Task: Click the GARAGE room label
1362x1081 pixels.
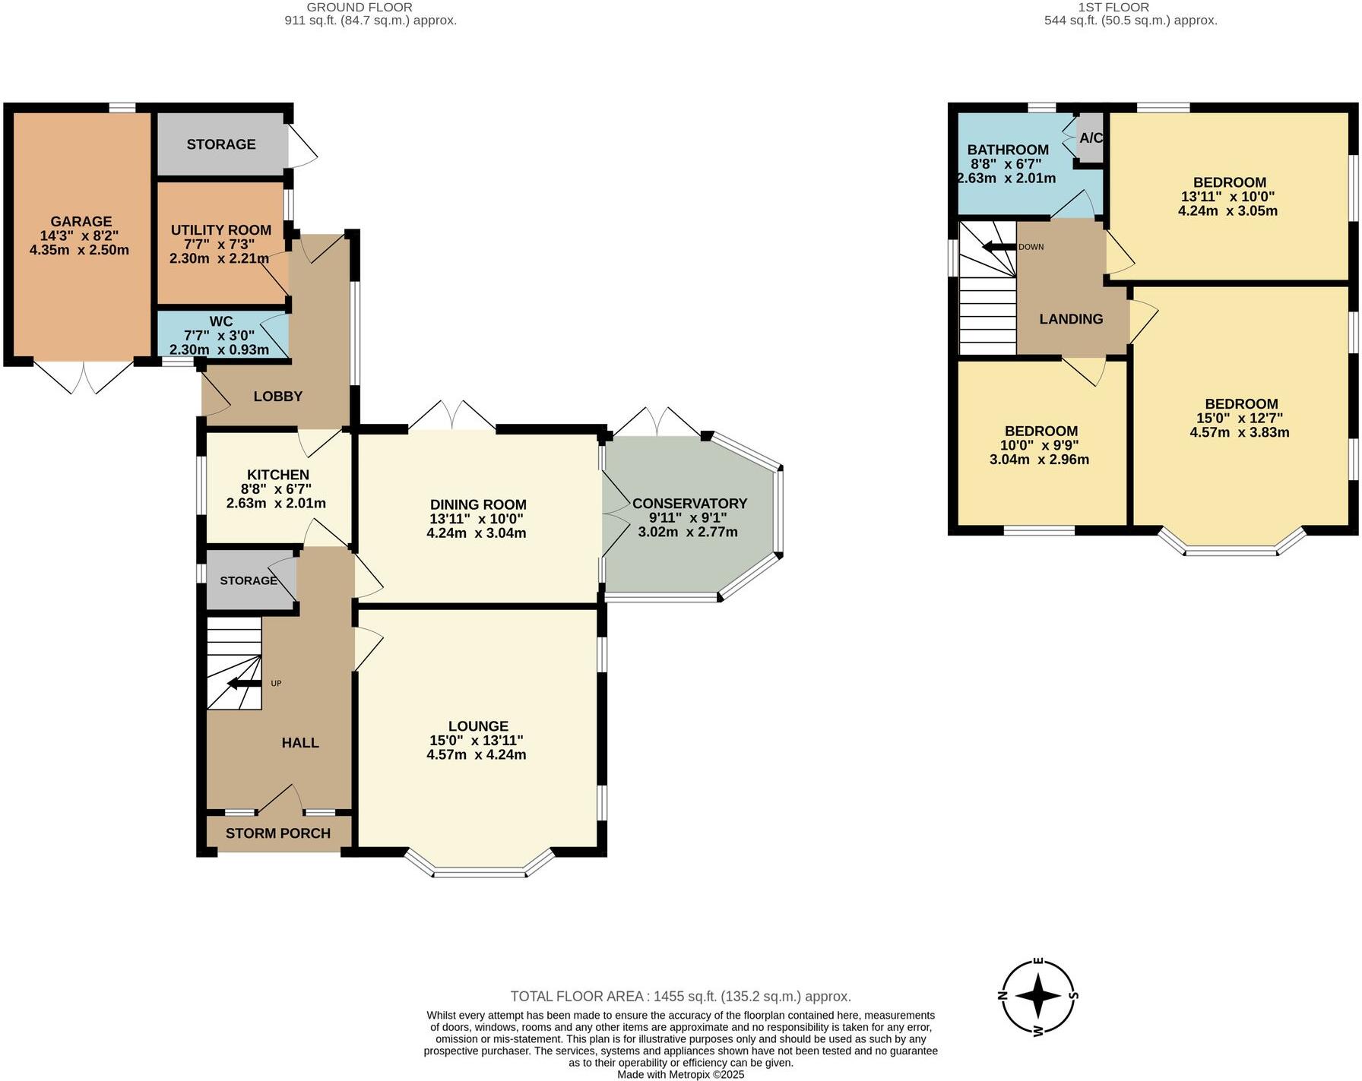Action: point(81,222)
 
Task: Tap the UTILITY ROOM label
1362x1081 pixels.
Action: point(220,230)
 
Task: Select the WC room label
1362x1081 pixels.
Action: point(220,322)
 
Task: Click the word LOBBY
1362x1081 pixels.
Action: point(277,397)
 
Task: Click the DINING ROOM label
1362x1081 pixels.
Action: point(477,504)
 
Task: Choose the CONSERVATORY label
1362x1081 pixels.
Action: point(689,504)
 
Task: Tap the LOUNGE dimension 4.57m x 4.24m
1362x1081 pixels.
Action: point(477,754)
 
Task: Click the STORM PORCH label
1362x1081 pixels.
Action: point(277,833)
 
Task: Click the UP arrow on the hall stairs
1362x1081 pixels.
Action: point(244,684)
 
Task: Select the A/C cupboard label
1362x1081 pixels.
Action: point(1091,138)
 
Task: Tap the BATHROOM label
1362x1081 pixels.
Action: point(1007,150)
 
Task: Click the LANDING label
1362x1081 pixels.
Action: point(1071,319)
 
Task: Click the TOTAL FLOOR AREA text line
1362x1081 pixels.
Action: point(680,996)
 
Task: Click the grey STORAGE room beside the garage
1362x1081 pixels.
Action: point(220,144)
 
